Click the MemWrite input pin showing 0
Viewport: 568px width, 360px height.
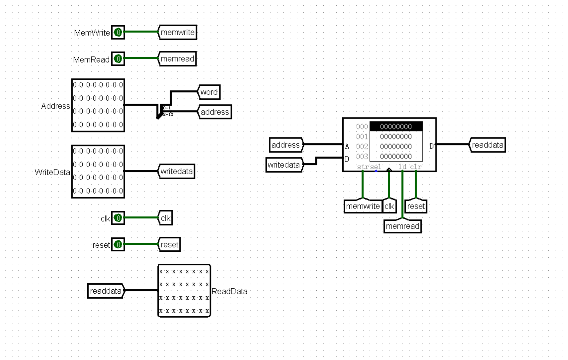pyautogui.click(x=118, y=33)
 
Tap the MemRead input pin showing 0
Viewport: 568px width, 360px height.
pyautogui.click(x=118, y=59)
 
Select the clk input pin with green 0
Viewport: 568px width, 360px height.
pyautogui.click(x=118, y=218)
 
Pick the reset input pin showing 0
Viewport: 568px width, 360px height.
pyautogui.click(x=118, y=245)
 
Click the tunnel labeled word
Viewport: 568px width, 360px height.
pyautogui.click(x=209, y=92)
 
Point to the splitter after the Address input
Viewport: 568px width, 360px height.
pyautogui.click(x=159, y=111)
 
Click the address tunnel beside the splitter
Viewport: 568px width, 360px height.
pyautogui.click(x=215, y=112)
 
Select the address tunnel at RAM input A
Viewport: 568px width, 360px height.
pyautogui.click(x=286, y=145)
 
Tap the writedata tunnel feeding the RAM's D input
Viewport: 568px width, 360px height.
pyautogui.click(x=284, y=165)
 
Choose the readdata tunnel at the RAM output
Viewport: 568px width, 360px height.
pyautogui.click(x=487, y=145)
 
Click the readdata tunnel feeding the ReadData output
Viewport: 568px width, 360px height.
pyautogui.click(x=106, y=291)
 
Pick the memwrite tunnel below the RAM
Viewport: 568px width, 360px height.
pyautogui.click(x=363, y=206)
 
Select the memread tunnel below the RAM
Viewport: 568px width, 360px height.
pyautogui.click(x=403, y=226)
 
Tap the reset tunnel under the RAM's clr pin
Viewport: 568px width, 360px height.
pyautogui.click(x=416, y=206)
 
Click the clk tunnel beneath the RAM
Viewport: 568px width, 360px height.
pyautogui.click(x=389, y=206)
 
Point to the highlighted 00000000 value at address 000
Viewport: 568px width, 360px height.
pyautogui.click(x=396, y=127)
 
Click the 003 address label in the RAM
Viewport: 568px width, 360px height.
pyautogui.click(x=362, y=156)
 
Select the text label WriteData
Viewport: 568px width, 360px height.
pyautogui.click(x=52, y=172)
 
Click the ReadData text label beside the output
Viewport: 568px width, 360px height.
pyautogui.click(x=229, y=292)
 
